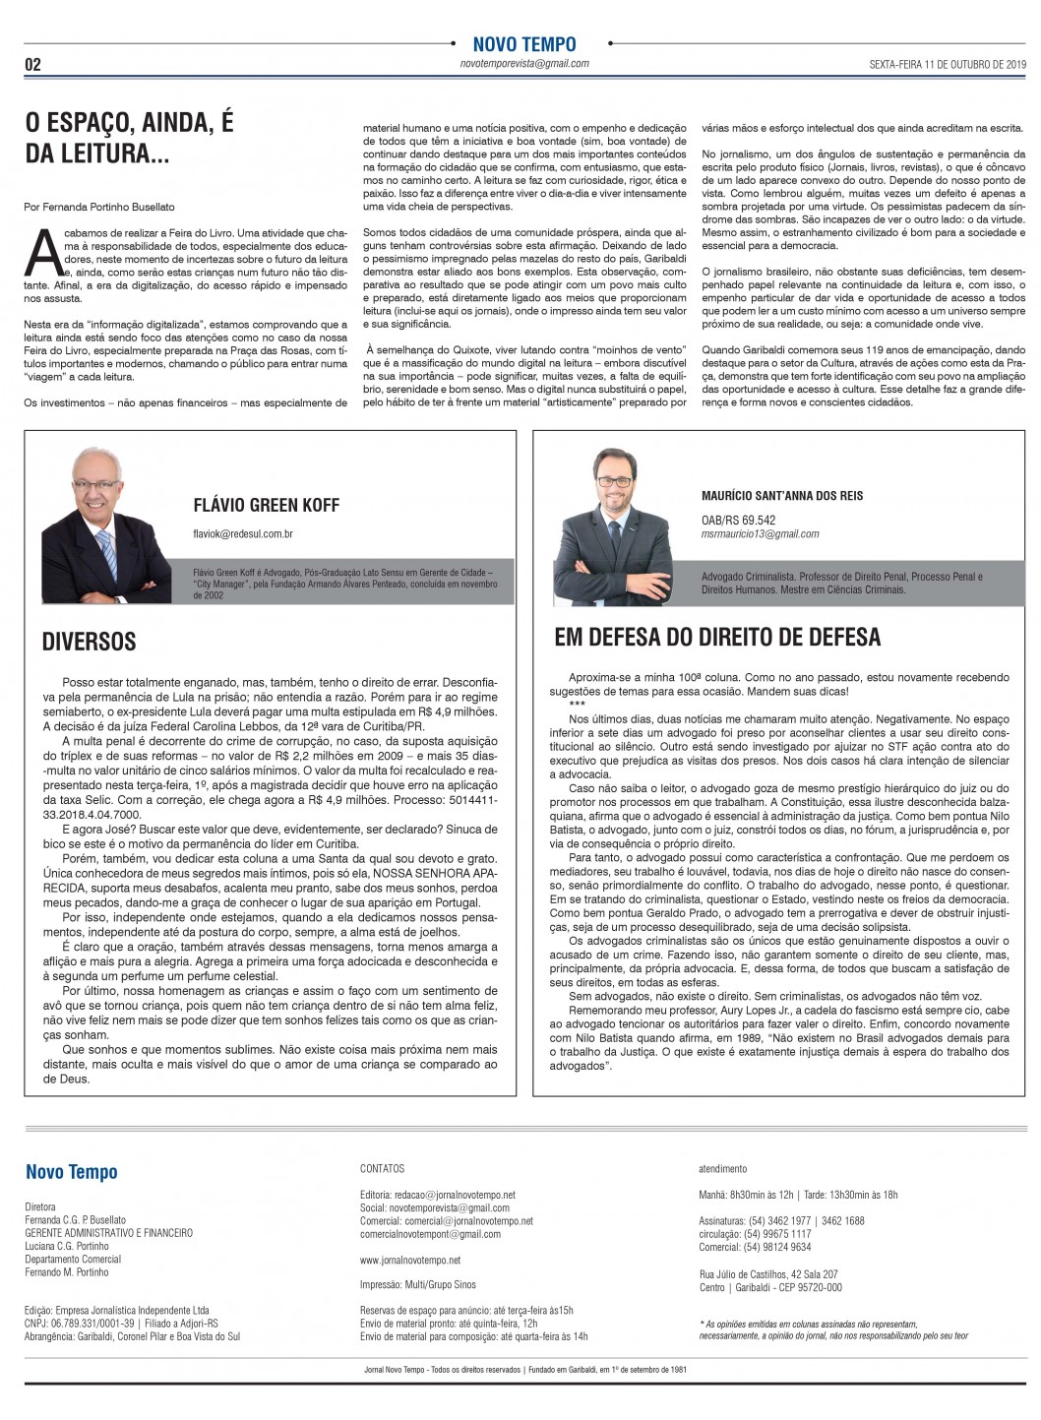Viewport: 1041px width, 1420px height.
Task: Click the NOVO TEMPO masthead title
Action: pos(523,44)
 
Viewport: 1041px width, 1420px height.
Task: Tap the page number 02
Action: pos(32,66)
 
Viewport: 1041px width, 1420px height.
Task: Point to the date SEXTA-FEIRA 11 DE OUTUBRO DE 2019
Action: pos(947,64)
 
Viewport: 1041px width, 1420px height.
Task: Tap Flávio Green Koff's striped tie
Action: pos(107,555)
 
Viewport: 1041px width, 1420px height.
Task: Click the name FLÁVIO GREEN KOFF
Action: pos(266,506)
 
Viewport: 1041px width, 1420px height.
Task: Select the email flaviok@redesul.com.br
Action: pos(243,534)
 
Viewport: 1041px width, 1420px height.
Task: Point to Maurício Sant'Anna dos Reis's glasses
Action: pos(615,481)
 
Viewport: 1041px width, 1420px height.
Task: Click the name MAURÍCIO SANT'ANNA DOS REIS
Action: pos(782,496)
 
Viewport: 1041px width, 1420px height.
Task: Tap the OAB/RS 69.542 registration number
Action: pos(738,521)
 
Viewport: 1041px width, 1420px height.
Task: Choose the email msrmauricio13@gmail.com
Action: pos(760,534)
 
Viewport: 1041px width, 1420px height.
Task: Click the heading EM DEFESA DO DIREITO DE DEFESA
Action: pos(717,638)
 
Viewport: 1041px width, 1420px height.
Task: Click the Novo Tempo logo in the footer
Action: pos(71,1172)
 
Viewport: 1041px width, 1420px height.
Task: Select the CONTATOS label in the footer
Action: pos(382,1169)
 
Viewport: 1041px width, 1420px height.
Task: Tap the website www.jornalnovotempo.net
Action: pos(410,1260)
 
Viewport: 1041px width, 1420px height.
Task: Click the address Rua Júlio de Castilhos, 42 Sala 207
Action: pos(768,1274)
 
